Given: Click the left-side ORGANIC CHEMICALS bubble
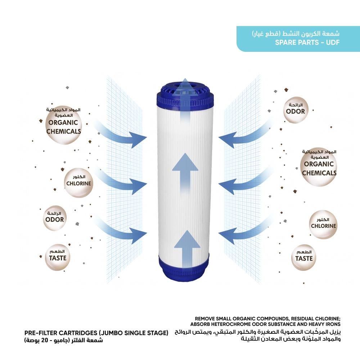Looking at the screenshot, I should (63, 126).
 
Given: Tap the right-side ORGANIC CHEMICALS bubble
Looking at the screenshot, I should (319, 168).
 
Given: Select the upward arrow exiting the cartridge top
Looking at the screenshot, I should (185, 97).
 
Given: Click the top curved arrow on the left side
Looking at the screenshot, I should (122, 135).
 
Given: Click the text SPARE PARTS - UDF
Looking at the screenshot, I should (307, 42).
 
